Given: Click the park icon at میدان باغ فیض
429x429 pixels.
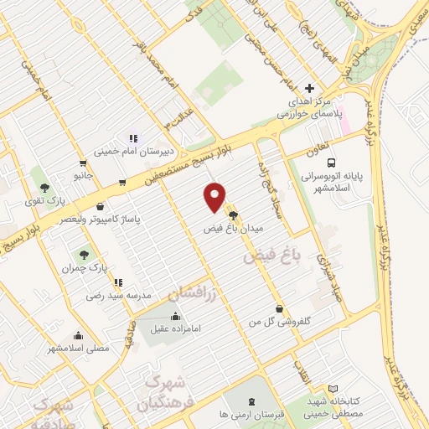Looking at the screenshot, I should pyautogui.click(x=233, y=214).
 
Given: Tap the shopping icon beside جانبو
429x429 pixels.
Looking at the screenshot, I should pyautogui.click(x=82, y=163).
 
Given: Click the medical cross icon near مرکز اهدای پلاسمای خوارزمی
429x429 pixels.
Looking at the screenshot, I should pyautogui.click(x=309, y=88).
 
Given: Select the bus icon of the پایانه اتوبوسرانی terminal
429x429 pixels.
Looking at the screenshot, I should pyautogui.click(x=332, y=163).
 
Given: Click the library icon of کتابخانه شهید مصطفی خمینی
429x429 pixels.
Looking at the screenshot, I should pyautogui.click(x=333, y=390).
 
